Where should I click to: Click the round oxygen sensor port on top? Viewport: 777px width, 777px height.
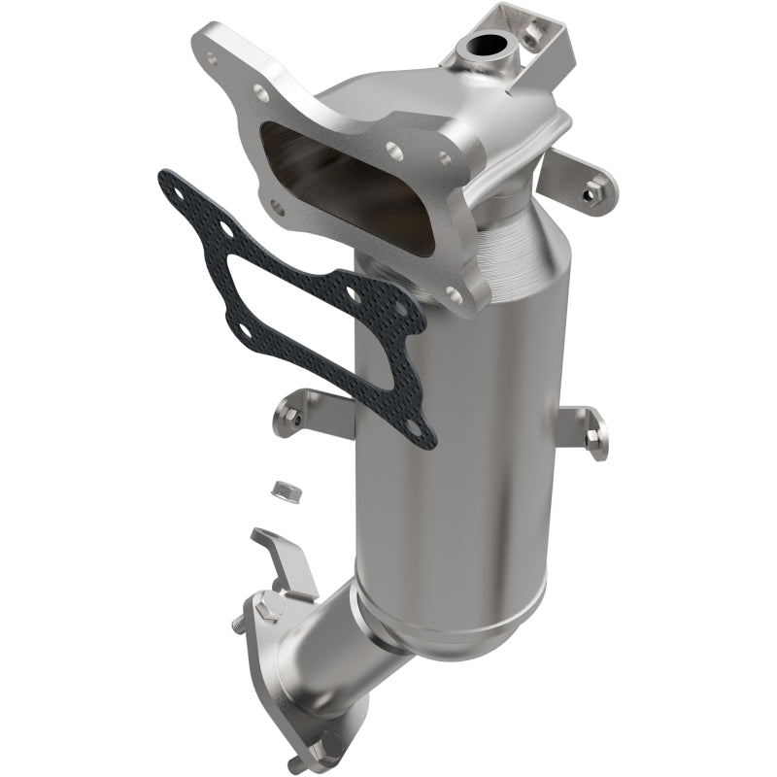tap(484, 46)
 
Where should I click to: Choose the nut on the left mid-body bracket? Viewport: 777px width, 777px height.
tap(294, 418)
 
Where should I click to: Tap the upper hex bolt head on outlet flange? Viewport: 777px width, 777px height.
tap(269, 609)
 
